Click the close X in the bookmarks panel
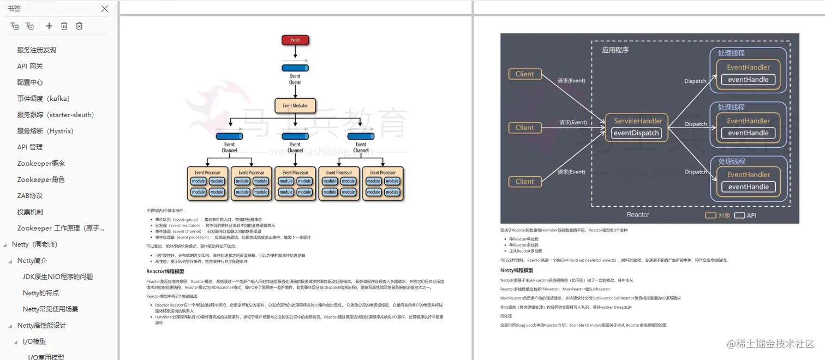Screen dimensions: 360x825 coord(105,9)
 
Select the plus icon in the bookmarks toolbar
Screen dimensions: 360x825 coord(49,26)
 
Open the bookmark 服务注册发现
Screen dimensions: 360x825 coord(37,50)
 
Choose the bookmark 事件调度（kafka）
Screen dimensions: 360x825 coord(44,99)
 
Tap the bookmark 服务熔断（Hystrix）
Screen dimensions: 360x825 coord(45,131)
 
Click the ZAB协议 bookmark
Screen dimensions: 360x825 coord(30,196)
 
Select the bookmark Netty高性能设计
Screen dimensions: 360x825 coord(42,326)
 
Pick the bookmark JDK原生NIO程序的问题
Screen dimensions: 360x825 coord(58,277)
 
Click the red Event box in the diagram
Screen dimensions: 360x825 coord(295,40)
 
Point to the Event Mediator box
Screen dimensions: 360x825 coord(295,105)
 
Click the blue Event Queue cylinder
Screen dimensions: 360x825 coord(295,68)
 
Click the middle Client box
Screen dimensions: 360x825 coord(524,128)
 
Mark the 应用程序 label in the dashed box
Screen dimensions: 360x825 coord(615,50)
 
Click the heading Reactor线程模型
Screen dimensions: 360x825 coord(165,272)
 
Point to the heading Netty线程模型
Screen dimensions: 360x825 coord(517,271)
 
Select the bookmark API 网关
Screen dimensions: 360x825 coord(30,67)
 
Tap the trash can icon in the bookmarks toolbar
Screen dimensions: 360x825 coord(64,26)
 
